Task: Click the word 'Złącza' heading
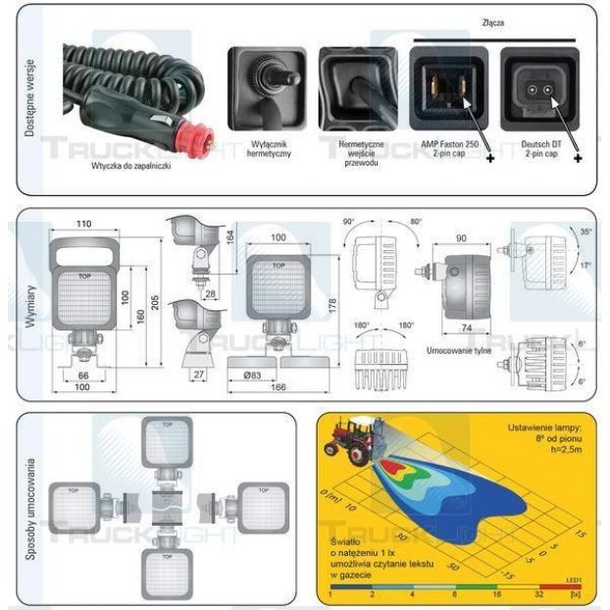(494, 22)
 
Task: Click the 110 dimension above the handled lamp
(82, 225)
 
